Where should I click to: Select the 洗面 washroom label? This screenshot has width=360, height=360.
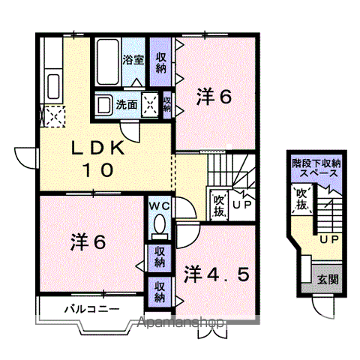[125, 106]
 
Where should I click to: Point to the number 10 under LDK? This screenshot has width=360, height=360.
[98, 169]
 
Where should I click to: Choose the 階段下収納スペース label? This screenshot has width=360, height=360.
[316, 166]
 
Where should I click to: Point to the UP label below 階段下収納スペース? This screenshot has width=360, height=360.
[328, 240]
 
